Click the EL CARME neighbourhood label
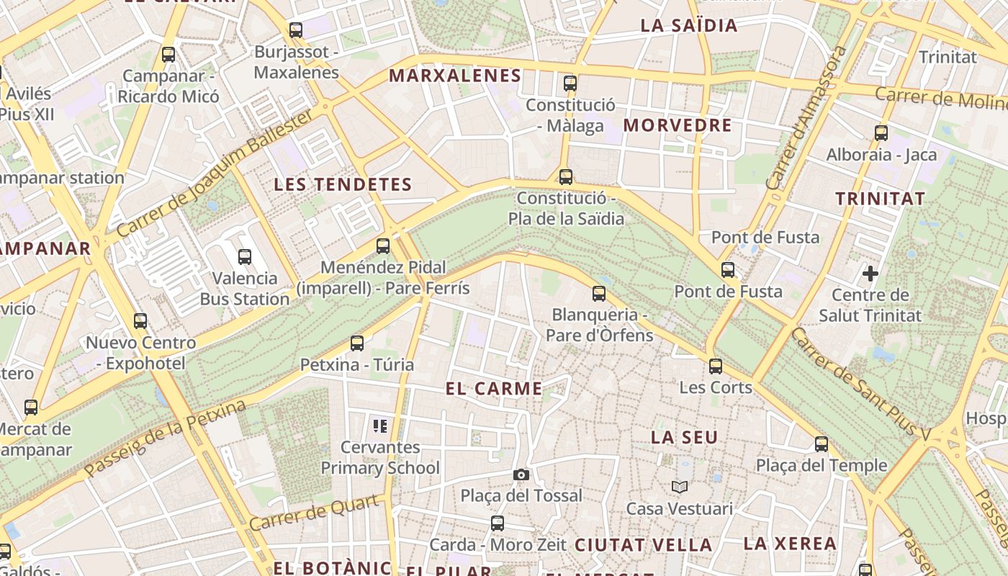tap(494, 390)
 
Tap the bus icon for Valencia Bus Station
tap(245, 256)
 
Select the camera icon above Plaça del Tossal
tap(521, 474)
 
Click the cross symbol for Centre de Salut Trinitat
tap(870, 274)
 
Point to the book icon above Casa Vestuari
tap(680, 487)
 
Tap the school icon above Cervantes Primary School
tap(380, 426)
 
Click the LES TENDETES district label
tap(343, 185)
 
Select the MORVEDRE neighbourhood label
tap(678, 125)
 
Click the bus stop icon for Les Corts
tap(715, 366)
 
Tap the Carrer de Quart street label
tap(314, 513)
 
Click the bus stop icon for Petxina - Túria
tap(357, 343)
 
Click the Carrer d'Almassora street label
tap(806, 119)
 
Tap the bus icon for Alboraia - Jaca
tap(881, 132)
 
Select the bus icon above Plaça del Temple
tap(822, 444)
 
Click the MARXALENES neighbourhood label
tap(455, 76)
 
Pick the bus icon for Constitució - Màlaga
tap(570, 83)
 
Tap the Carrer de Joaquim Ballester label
tap(216, 174)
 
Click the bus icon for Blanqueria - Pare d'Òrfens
tap(599, 293)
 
